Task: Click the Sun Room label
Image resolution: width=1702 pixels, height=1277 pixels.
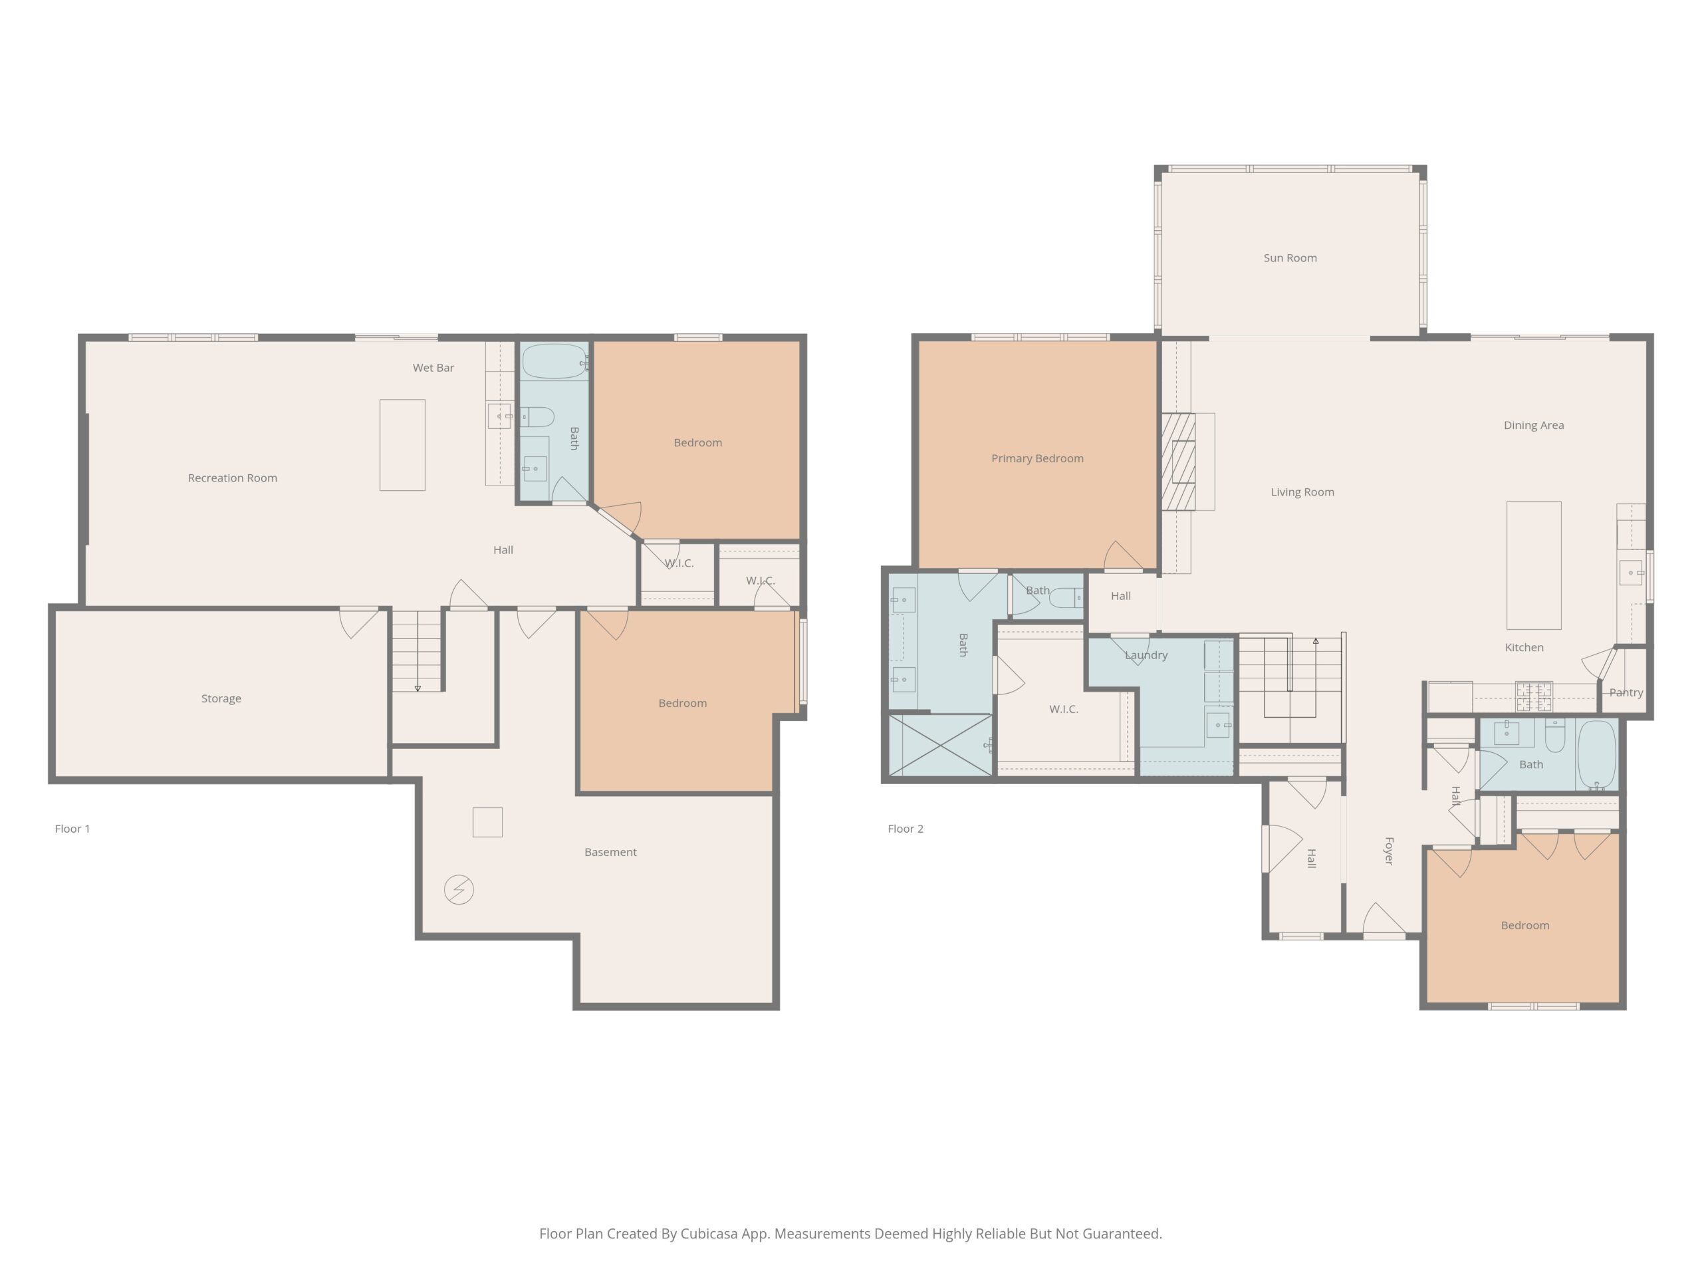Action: pos(1290,258)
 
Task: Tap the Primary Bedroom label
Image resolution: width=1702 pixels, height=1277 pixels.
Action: pos(1037,458)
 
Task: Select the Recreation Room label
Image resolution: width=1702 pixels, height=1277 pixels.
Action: pos(233,478)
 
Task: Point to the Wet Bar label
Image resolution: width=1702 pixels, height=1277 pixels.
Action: pos(433,368)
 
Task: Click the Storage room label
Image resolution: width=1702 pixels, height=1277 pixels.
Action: pos(221,699)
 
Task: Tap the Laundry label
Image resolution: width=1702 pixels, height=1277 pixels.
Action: pos(1146,655)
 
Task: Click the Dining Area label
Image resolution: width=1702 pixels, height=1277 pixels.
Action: pos(1534,425)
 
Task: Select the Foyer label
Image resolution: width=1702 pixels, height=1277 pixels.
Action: pos(1389,851)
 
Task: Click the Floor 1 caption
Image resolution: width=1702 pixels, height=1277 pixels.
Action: pos(72,828)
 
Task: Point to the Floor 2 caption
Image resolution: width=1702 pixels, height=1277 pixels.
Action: pos(905,828)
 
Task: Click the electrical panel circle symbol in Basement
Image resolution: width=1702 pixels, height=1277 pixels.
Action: pos(459,890)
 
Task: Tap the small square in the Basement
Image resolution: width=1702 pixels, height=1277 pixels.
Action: pos(487,822)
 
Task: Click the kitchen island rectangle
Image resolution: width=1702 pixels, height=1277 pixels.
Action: pos(1534,566)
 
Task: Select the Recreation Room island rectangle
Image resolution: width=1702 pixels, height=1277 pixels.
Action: pos(402,445)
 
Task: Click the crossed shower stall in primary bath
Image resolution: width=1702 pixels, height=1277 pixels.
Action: pos(940,745)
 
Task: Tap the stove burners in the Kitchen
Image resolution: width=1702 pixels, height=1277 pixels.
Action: pos(1534,696)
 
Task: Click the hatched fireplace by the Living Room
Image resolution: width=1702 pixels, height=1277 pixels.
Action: pos(1178,462)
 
